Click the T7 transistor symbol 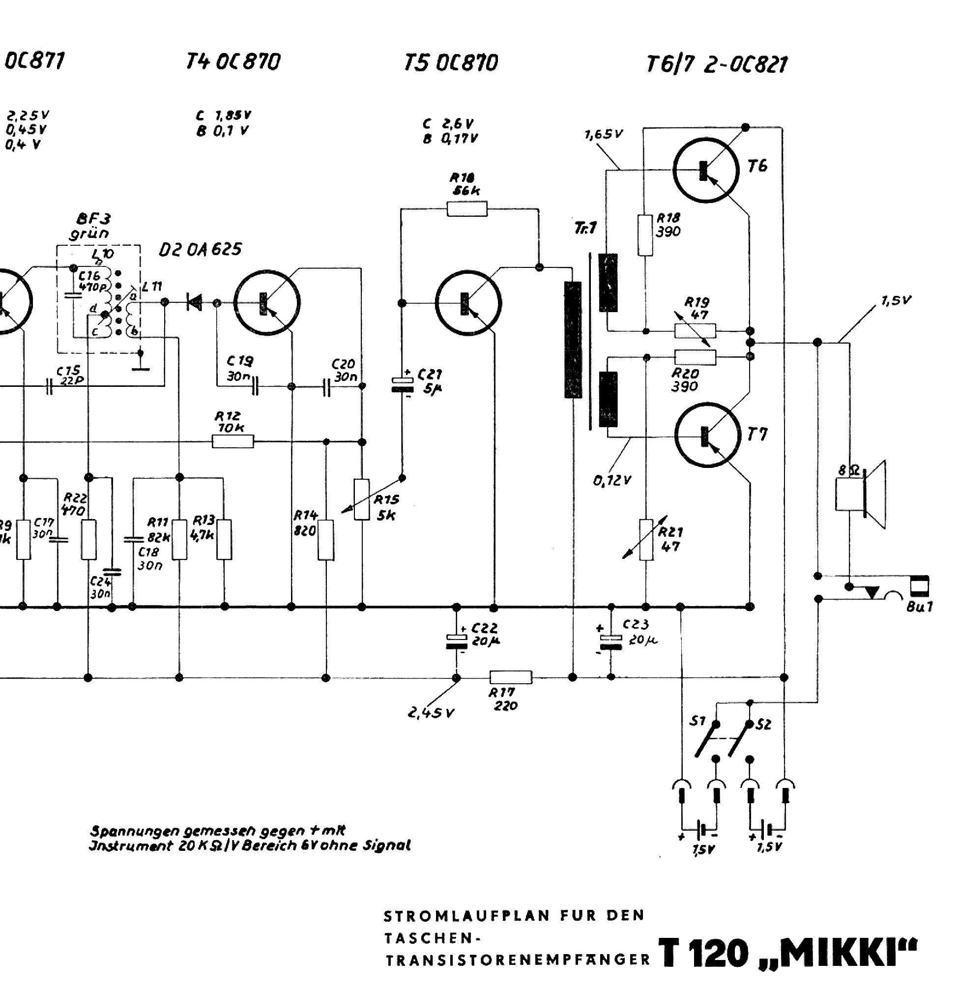[x=707, y=435]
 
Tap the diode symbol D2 [x=194, y=303]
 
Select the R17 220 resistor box [x=511, y=677]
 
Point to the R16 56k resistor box [x=467, y=208]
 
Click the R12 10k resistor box [x=232, y=441]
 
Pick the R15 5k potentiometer [x=362, y=499]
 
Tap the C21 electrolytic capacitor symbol [x=402, y=384]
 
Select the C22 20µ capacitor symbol [x=456, y=640]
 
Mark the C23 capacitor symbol [x=610, y=641]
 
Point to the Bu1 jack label [x=919, y=607]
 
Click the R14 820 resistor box [x=326, y=540]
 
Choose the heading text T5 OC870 [x=450, y=63]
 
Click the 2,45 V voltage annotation [x=431, y=713]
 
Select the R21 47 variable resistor [x=646, y=539]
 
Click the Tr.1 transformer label [x=585, y=228]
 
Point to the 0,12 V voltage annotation [x=612, y=480]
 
